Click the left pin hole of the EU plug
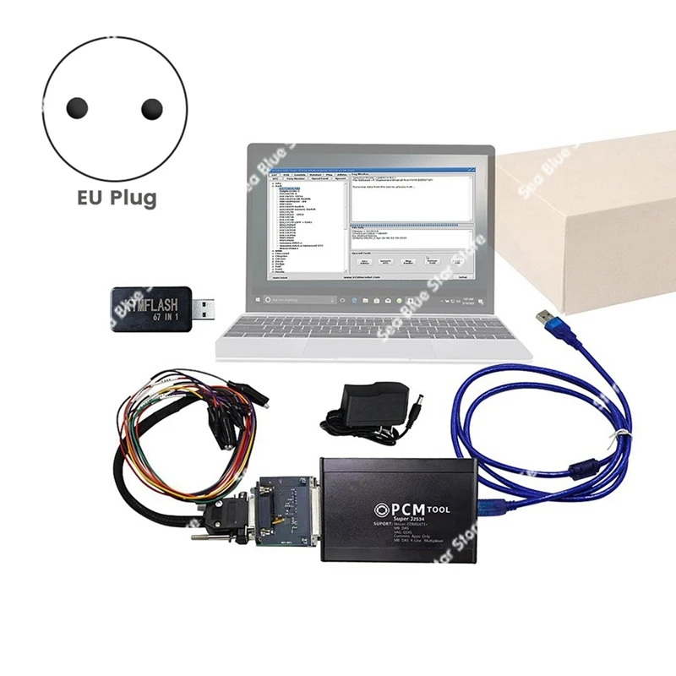77,108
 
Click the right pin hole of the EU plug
151,108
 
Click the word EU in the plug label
88,199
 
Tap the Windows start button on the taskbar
257,299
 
